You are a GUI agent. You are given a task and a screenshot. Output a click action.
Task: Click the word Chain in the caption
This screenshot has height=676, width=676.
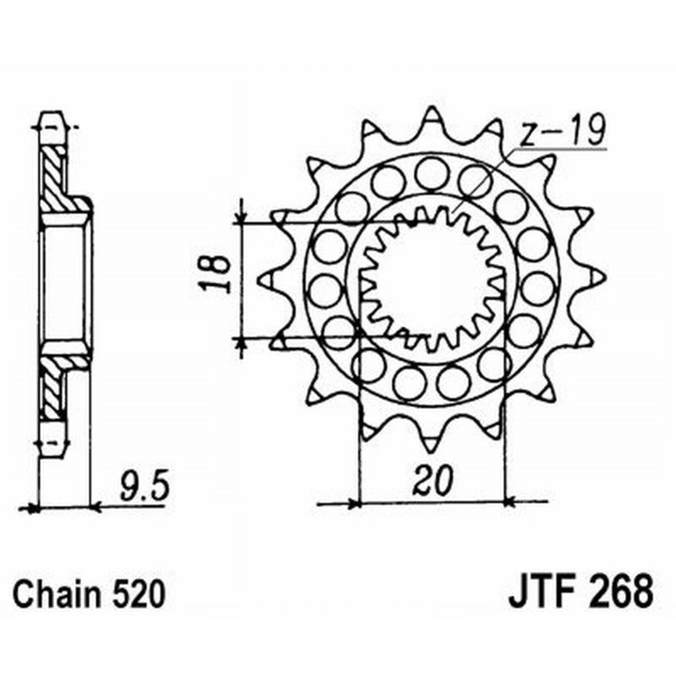click(57, 595)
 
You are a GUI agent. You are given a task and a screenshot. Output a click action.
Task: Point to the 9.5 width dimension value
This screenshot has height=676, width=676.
click(143, 488)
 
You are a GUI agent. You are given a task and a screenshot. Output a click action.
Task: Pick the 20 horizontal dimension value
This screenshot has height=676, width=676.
click(433, 480)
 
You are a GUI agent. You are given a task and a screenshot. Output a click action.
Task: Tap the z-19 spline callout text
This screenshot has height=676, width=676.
click(562, 130)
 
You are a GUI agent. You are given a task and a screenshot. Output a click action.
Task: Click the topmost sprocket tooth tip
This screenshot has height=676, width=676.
click(432, 108)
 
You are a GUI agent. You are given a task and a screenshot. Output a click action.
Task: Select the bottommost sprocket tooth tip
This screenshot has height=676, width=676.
click(432, 450)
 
